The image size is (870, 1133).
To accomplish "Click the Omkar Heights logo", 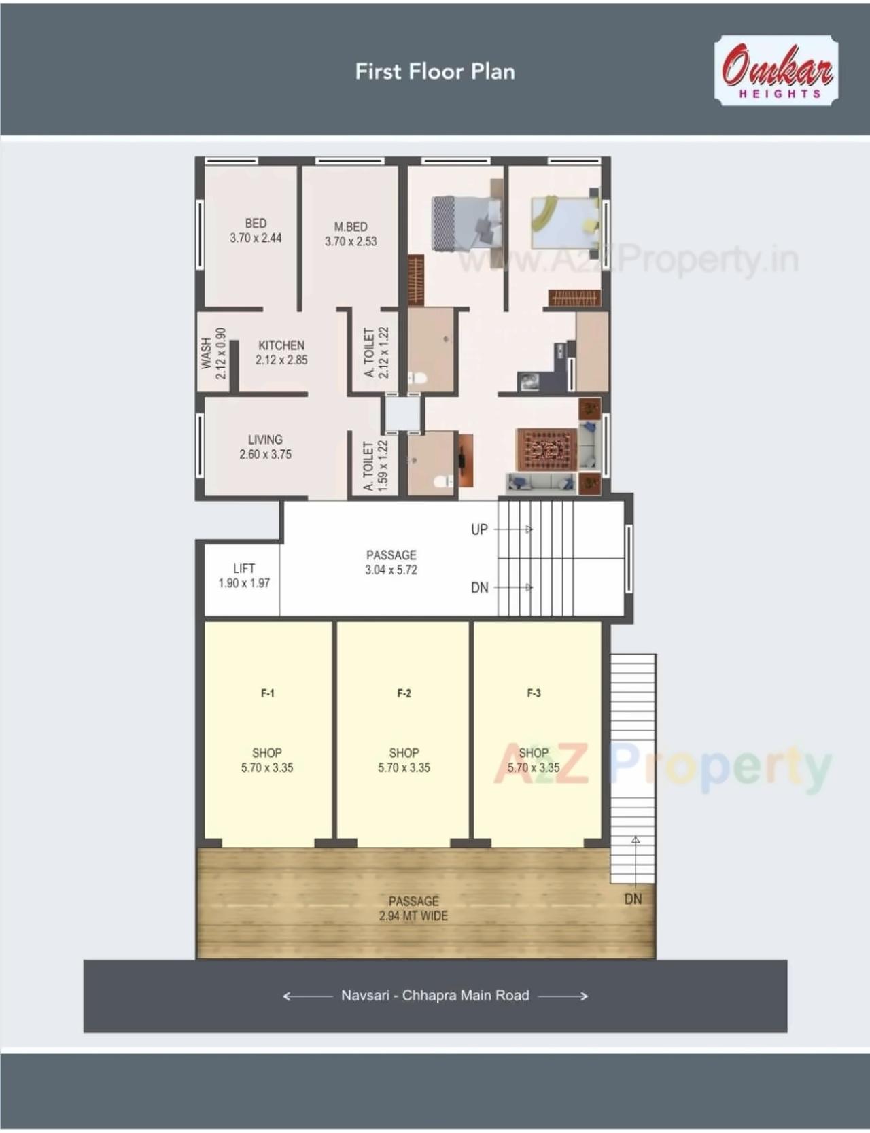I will (776, 71).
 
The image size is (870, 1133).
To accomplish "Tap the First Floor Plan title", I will (435, 71).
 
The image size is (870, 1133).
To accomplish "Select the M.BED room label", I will (351, 226).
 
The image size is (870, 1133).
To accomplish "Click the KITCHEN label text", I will (281, 345).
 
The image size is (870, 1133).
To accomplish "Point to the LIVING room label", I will (265, 440).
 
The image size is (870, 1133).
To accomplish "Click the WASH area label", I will (206, 354).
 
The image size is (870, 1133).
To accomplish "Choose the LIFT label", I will (244, 568).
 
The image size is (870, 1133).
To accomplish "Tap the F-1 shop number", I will (268, 693).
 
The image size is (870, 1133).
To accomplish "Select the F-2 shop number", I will (404, 693).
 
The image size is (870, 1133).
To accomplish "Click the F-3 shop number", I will (534, 693).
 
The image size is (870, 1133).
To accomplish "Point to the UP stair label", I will (479, 529).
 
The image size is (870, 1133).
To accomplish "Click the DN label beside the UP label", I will (480, 588).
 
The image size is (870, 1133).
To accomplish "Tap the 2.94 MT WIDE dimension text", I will (413, 916).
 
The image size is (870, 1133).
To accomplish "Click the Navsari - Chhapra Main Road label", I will (435, 996).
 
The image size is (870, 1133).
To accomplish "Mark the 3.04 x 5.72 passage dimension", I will (391, 570).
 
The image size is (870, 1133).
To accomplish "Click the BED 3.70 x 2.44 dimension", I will (256, 238).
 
